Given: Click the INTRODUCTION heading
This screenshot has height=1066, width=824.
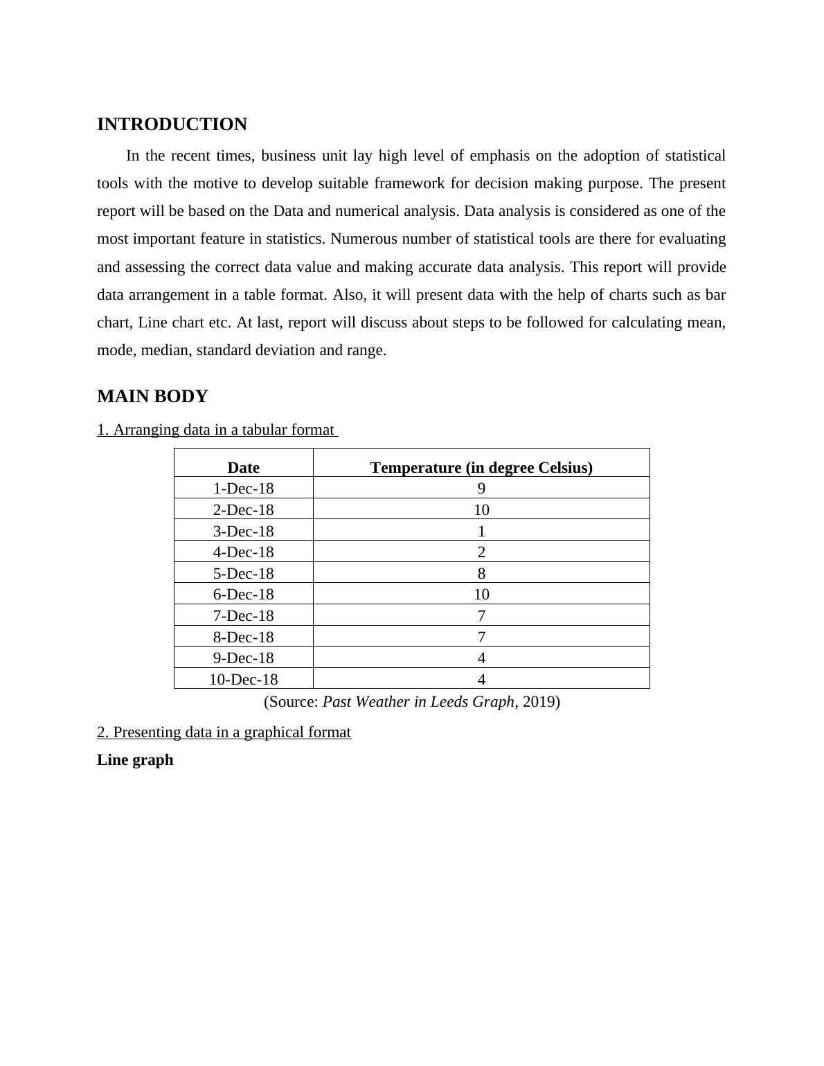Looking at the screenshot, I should [x=172, y=125].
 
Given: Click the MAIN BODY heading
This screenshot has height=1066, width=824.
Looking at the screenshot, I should [x=152, y=397].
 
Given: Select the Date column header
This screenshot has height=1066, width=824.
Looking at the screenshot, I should [x=243, y=468].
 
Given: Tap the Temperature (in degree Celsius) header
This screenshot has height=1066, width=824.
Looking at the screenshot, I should [x=481, y=468].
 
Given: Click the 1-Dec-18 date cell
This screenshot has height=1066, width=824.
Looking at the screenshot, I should [x=243, y=489].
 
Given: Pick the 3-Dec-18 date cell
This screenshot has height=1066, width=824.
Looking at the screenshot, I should [x=243, y=531].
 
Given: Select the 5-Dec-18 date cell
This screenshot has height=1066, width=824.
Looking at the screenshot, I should [x=243, y=573].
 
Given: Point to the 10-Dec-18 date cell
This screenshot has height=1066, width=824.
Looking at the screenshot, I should [x=243, y=679].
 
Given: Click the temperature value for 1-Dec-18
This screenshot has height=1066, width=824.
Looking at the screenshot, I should [x=481, y=489].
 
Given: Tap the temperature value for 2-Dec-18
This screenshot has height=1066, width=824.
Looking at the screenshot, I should [x=481, y=510].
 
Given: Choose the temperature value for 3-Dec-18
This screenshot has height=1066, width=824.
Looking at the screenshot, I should [x=481, y=531].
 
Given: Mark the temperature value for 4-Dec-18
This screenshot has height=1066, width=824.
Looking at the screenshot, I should [x=481, y=552].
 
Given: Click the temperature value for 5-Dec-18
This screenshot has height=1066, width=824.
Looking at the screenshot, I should [x=481, y=573].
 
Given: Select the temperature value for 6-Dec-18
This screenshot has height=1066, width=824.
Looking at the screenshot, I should [x=481, y=595].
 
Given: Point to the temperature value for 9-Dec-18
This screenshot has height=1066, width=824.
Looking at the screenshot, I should [x=481, y=658].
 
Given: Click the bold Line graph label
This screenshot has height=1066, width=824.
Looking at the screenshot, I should [x=135, y=760].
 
